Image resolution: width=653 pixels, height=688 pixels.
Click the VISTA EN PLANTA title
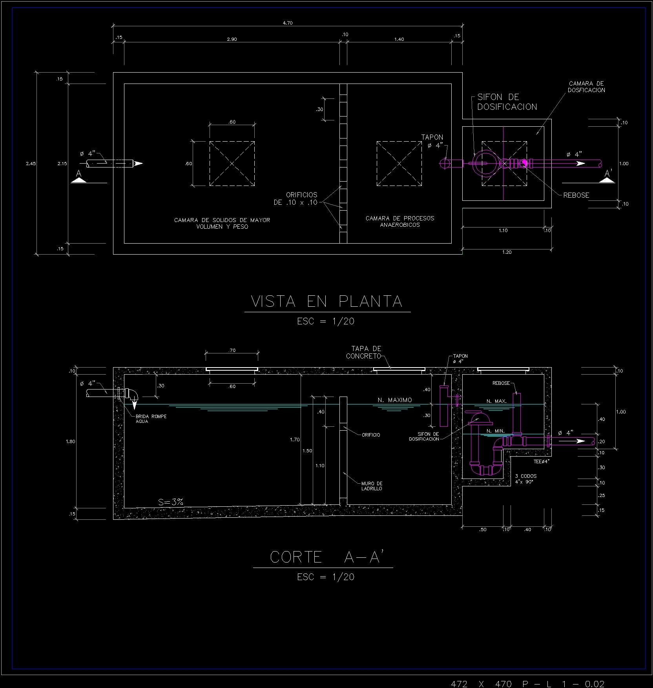coord(326,301)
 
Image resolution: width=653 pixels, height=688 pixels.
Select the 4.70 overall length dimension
coord(288,23)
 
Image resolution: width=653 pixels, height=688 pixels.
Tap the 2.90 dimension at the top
coord(232,39)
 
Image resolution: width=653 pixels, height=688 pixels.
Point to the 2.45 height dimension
coord(31,164)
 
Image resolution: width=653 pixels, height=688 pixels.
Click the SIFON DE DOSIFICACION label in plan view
coord(507,102)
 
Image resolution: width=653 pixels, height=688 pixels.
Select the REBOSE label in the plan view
coord(576,195)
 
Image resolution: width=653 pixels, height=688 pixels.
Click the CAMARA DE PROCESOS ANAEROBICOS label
coord(400,222)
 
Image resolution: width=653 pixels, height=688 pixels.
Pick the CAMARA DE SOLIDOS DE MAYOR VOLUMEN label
coord(222,223)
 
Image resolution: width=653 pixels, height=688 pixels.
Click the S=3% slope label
coord(171,502)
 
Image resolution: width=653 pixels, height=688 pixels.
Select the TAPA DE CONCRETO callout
coord(364,352)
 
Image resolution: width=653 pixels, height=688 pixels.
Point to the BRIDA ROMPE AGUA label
coord(151,419)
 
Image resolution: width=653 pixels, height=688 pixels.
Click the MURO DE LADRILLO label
coord(372,486)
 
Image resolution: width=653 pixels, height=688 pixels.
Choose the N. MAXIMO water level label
coord(395,400)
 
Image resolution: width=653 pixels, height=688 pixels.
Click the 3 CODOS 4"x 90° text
coord(526,479)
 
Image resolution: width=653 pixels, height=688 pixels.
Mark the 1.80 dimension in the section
coord(71,442)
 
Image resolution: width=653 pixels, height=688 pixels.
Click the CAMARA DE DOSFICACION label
coord(586,87)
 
